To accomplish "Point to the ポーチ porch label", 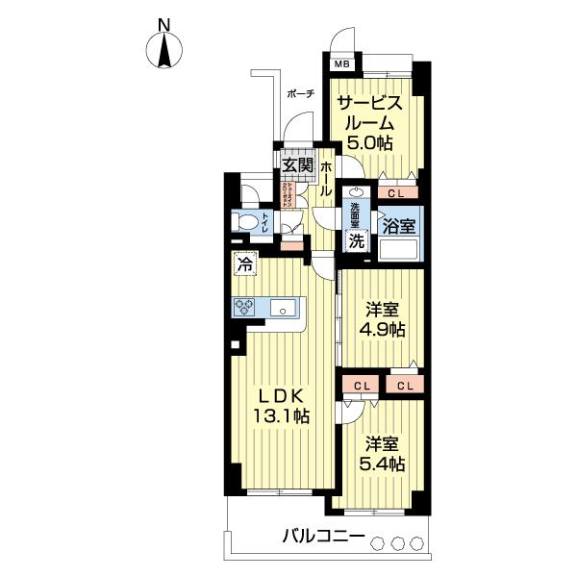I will pos(300,93).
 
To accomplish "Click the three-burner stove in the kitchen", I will pos(243,308).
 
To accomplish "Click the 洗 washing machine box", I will pos(355,242).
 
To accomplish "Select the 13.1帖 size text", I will pos(280,416).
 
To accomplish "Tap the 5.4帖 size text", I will pos(384,464).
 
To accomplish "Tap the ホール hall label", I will pos(326,179).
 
